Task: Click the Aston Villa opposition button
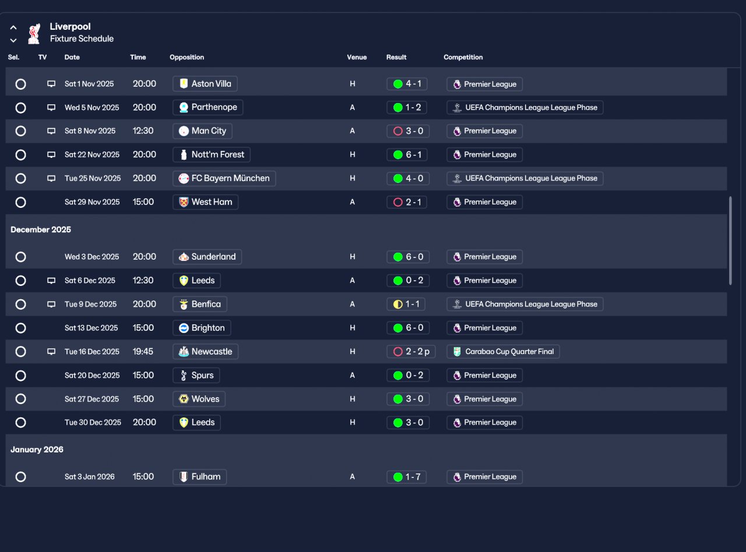point(205,84)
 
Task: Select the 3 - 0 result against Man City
point(408,131)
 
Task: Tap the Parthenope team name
point(214,107)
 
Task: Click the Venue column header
point(357,57)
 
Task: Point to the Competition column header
point(463,57)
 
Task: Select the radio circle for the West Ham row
point(20,202)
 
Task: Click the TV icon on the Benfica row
point(51,304)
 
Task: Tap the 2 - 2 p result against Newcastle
point(411,352)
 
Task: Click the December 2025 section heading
point(41,229)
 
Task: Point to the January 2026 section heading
point(37,450)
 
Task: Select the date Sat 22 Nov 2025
point(92,155)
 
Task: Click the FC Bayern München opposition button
point(224,178)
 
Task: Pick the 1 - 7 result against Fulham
point(407,477)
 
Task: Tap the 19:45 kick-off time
point(143,352)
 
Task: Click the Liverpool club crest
point(34,34)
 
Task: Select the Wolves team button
point(199,399)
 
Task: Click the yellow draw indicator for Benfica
point(398,304)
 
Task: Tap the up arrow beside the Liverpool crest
point(13,27)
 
